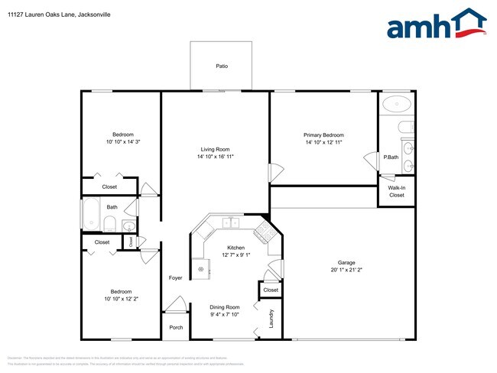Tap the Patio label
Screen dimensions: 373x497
pyautogui.click(x=222, y=66)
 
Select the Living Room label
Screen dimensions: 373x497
pyautogui.click(x=215, y=149)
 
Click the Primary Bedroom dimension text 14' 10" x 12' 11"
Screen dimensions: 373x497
pyautogui.click(x=323, y=142)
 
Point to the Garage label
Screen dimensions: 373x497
pyautogui.click(x=346, y=262)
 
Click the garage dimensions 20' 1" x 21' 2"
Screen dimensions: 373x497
pyautogui.click(x=346, y=270)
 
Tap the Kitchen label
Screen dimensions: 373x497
pyautogui.click(x=236, y=248)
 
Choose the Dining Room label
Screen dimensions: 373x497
pyautogui.click(x=225, y=307)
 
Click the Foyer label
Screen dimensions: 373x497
pyautogui.click(x=176, y=277)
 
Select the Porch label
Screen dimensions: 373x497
pyautogui.click(x=176, y=327)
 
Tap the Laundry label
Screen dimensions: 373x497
pyautogui.click(x=271, y=317)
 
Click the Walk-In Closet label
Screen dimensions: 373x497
pyautogui.click(x=396, y=191)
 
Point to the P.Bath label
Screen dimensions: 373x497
pyautogui.click(x=391, y=157)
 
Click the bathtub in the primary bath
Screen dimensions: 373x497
pyautogui.click(x=395, y=104)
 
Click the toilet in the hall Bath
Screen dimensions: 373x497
pyautogui.click(x=109, y=225)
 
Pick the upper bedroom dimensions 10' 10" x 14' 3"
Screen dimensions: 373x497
pyautogui.click(x=123, y=141)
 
